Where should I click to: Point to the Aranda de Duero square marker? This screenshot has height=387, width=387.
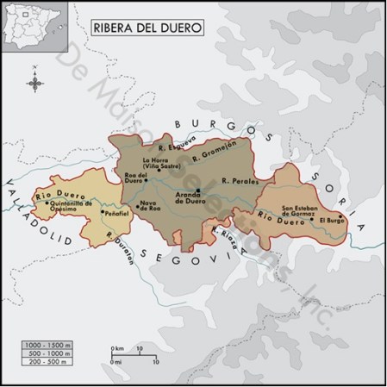(198, 190)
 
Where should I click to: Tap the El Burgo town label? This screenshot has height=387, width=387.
(332, 221)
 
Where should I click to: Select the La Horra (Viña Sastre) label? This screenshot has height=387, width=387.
(159, 163)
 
